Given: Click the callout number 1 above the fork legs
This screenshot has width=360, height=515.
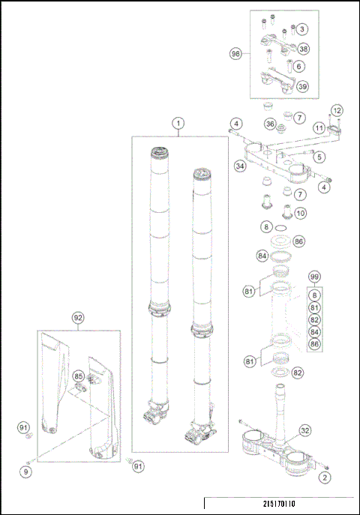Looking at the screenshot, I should (x=178, y=123).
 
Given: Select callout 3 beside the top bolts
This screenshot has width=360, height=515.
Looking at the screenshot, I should (x=301, y=29).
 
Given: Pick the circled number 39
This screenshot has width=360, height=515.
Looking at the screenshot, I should (x=302, y=86).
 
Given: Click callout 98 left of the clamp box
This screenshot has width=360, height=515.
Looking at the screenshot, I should (x=236, y=53).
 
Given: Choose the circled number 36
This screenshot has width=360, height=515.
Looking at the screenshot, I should (x=270, y=123).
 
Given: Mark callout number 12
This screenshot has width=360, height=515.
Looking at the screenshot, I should (x=337, y=111).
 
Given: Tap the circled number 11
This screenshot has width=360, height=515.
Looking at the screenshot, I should (x=319, y=128).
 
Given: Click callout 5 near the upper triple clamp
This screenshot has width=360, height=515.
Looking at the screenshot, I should (x=319, y=157).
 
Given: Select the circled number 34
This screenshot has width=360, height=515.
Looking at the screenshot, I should (x=241, y=166).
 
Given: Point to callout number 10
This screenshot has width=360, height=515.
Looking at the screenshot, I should (x=301, y=214).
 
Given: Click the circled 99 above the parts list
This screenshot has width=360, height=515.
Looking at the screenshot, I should (x=315, y=277).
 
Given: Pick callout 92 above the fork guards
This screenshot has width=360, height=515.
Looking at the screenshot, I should (x=77, y=317).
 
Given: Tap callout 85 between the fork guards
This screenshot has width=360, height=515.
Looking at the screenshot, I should (x=78, y=376).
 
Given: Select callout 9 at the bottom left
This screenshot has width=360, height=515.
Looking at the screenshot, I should (x=26, y=472).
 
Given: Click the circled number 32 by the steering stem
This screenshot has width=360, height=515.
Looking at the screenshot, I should (x=305, y=430).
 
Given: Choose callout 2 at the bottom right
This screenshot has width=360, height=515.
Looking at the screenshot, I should (x=324, y=477).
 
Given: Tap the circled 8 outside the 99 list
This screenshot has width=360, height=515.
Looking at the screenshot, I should (x=266, y=226).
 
